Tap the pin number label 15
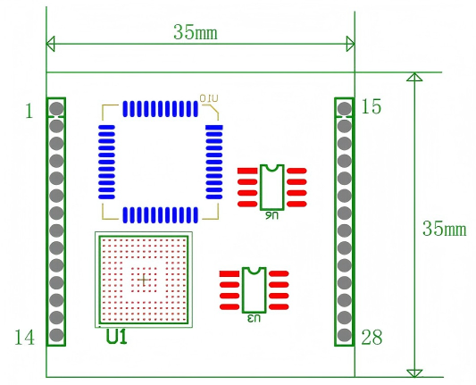(x=372, y=107)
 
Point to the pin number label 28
(x=372, y=337)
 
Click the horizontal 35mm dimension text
(x=196, y=32)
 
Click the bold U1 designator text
(x=117, y=338)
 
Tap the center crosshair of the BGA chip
(x=143, y=280)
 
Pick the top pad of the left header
(x=56, y=109)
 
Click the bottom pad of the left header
(x=56, y=336)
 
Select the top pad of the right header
(x=344, y=109)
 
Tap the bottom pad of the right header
(x=344, y=336)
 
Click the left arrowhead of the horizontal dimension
(x=51, y=44)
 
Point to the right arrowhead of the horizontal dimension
(x=350, y=44)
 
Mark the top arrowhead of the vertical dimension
(x=413, y=78)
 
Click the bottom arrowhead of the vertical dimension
(x=413, y=372)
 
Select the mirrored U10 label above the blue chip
(x=208, y=96)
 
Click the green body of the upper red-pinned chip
(x=271, y=187)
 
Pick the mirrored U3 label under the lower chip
(x=254, y=317)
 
